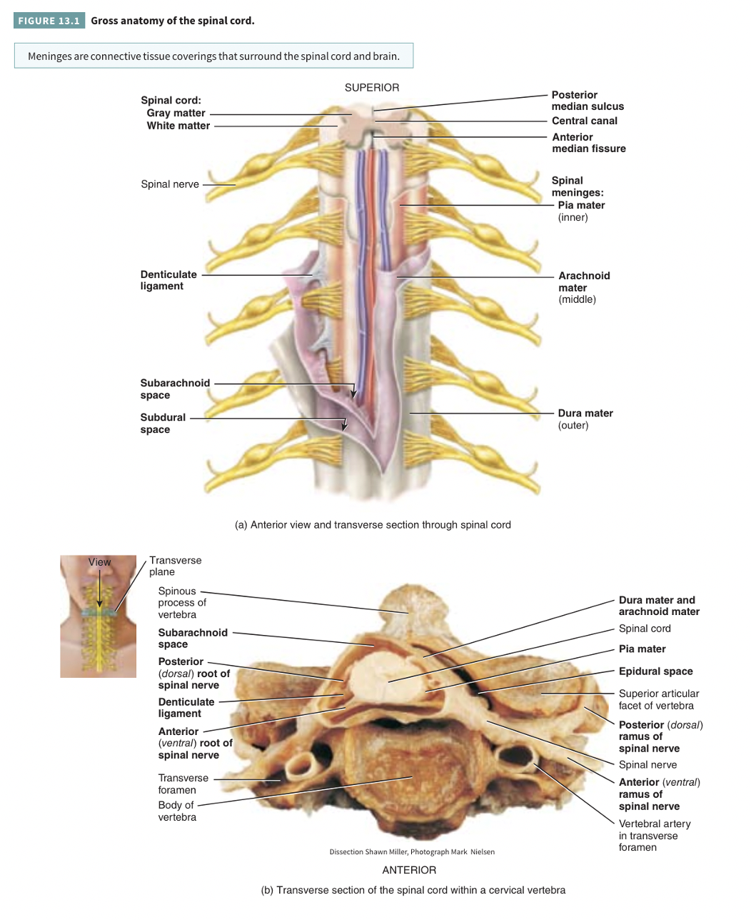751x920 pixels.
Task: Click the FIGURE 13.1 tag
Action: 49,21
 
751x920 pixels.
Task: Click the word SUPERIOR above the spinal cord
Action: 372,87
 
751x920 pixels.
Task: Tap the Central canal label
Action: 584,121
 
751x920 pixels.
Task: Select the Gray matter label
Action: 176,113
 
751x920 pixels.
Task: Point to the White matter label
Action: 178,126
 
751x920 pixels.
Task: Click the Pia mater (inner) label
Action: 581,211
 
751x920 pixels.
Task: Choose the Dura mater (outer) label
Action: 585,419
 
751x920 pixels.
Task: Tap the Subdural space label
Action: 162,423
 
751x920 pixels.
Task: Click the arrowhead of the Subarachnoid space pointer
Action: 353,394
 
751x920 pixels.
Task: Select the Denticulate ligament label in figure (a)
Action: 168,280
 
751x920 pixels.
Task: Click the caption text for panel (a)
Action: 373,524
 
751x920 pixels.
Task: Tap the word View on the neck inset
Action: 99,562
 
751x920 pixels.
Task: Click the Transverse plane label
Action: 175,566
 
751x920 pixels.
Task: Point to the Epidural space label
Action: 655,671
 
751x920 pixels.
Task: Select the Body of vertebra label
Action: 176,811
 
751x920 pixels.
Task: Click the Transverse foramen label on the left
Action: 183,784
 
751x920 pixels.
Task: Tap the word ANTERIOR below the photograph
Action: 409,870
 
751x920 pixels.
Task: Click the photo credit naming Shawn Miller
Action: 411,851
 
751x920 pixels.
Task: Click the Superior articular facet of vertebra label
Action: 658,699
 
